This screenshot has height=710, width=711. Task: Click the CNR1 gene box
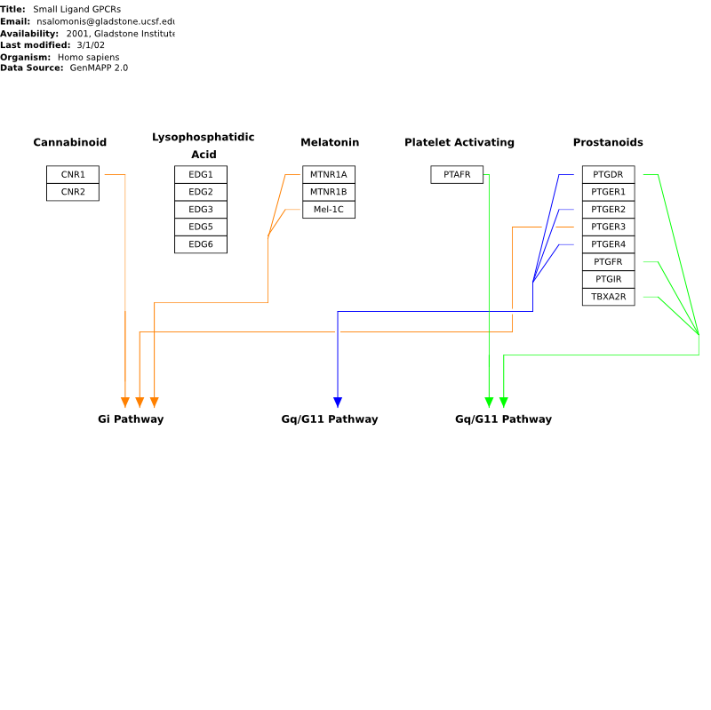point(73,174)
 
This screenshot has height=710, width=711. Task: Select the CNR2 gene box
point(73,192)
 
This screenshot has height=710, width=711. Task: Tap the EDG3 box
point(201,210)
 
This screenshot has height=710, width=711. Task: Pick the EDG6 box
point(201,244)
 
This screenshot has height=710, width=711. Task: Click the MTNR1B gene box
point(329,192)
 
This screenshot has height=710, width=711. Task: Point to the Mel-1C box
point(329,210)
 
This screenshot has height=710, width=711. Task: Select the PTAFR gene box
point(457,174)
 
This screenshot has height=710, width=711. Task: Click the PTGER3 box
point(609,227)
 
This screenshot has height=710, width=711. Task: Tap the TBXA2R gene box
point(609,297)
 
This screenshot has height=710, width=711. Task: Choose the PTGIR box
point(609,279)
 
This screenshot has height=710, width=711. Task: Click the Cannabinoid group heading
point(70,142)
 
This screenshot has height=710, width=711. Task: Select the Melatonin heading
point(330,142)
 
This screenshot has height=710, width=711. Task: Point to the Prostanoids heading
point(608,142)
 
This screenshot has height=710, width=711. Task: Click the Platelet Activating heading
point(459,142)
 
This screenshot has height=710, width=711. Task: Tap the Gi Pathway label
point(131,419)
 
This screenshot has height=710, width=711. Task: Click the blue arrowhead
point(338,403)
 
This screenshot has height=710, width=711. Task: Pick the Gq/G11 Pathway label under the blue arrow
point(330,419)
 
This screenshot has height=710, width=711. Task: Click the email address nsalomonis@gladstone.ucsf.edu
point(106,21)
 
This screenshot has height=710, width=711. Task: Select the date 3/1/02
point(91,45)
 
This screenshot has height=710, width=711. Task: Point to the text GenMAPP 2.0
point(99,68)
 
